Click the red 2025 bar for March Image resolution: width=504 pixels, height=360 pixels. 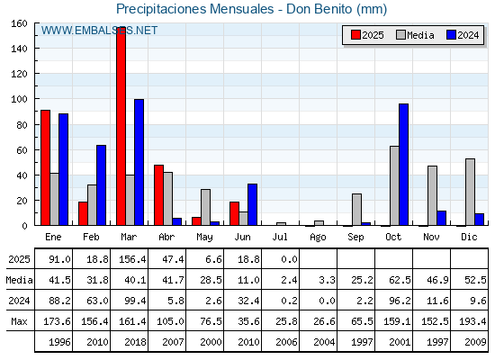(121, 126)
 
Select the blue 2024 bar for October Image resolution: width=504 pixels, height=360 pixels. (404, 165)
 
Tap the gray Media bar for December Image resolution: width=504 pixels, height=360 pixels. (470, 192)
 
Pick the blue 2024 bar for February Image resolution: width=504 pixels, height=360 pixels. (101, 185)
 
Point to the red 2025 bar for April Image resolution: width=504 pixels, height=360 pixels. (158, 195)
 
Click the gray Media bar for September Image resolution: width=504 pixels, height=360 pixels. (356, 210)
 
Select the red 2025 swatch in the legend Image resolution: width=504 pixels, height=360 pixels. (355, 35)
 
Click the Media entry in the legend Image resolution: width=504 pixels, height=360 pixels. (415, 35)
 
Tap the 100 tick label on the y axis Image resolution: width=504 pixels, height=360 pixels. (20, 99)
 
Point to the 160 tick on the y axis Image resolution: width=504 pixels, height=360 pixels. (20, 23)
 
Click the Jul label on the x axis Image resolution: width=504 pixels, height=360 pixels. (280, 237)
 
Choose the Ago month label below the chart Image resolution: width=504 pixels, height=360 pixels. (318, 238)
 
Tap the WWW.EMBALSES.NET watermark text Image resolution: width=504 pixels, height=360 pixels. (99, 31)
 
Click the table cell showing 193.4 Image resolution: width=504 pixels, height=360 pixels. (472, 321)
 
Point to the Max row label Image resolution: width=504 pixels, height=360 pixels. (19, 321)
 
